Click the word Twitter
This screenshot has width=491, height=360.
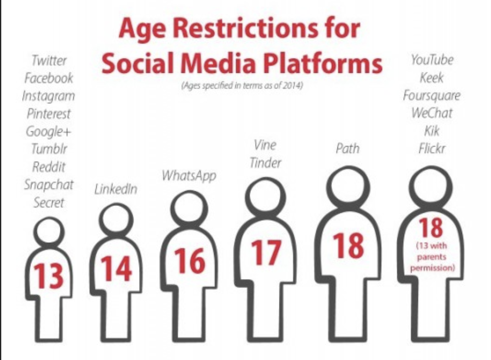[49, 60]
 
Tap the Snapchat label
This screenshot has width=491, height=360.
[49, 185]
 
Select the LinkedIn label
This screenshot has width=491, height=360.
[116, 189]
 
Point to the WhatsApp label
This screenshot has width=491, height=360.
[189, 176]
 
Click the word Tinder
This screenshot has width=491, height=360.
[266, 163]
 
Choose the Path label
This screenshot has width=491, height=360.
[348, 148]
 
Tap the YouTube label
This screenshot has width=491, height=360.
[432, 60]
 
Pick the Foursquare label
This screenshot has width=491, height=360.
[432, 95]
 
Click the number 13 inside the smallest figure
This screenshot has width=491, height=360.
[49, 276]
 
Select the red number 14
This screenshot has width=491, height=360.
[116, 269]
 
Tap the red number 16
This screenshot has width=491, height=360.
[189, 261]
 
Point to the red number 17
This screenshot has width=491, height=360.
[266, 253]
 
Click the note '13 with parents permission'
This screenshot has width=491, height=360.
[432, 257]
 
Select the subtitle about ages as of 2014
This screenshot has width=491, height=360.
[242, 86]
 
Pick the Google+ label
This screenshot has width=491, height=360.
[49, 131]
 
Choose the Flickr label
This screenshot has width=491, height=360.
[432, 148]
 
